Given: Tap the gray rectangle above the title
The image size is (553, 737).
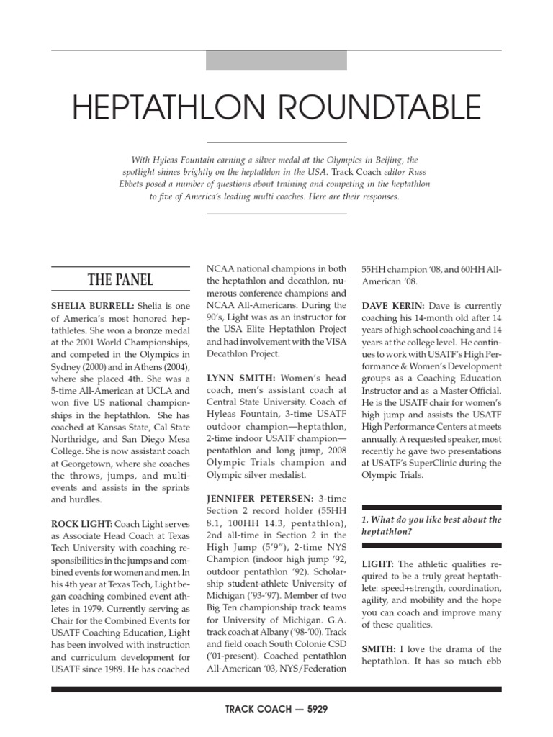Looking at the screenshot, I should [276, 60].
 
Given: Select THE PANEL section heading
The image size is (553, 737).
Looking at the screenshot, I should [120, 279].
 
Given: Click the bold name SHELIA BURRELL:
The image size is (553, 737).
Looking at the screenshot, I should [92, 306].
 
